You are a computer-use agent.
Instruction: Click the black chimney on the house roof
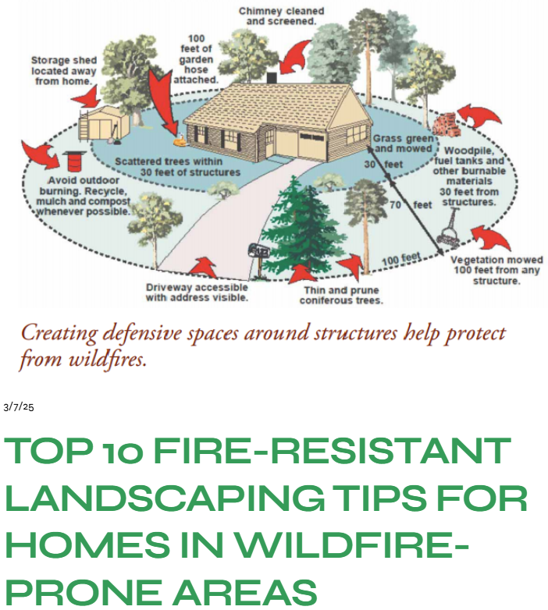click(272, 79)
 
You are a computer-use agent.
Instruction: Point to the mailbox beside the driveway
click(257, 251)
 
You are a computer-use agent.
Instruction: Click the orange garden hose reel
click(180, 141)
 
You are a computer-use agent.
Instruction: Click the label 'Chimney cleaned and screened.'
click(280, 16)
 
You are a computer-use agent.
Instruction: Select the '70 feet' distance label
click(411, 205)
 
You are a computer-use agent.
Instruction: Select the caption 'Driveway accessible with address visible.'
click(197, 293)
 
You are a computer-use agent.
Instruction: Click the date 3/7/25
click(19, 406)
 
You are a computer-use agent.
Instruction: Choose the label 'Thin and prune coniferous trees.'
click(342, 294)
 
